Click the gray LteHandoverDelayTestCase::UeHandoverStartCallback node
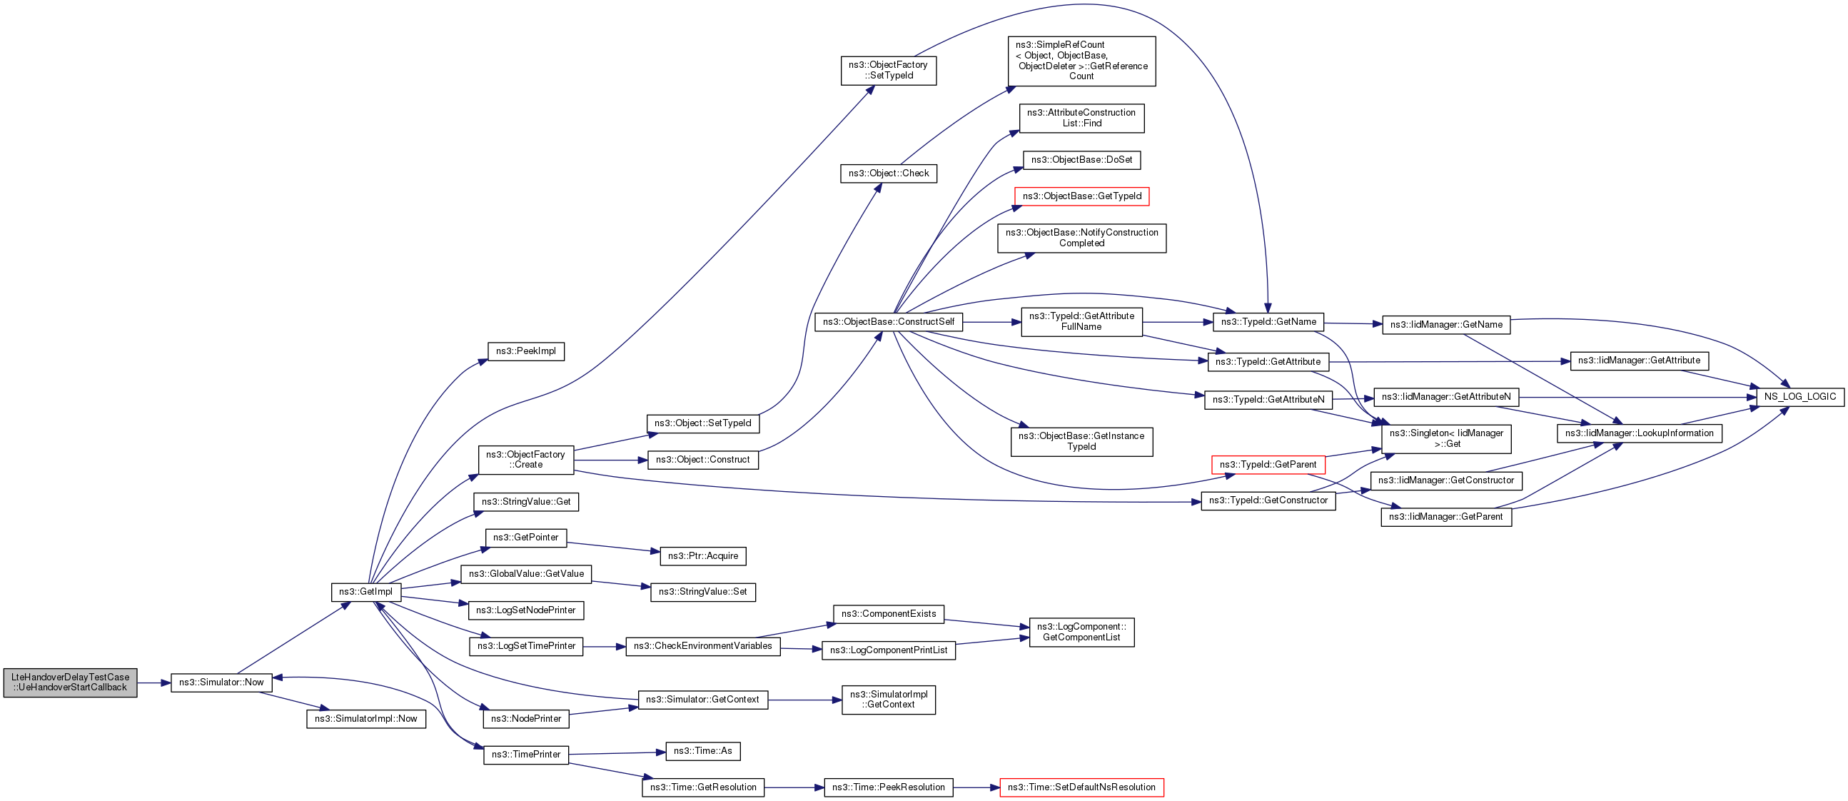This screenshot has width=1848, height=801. pos(70,682)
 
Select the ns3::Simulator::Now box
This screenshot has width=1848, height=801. pos(221,682)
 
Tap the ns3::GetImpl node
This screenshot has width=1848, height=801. pos(366,592)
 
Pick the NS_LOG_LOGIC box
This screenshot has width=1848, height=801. pos(1800,397)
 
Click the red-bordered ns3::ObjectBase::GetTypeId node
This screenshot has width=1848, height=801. pos(1081,196)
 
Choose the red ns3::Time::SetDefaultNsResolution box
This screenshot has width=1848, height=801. pos(1081,787)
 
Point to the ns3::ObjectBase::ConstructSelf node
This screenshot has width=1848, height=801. pos(888,322)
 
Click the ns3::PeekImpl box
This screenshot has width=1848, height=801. pos(526,352)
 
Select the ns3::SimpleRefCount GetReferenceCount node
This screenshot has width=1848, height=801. pos(1081,61)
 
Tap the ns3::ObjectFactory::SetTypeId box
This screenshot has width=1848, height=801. pos(888,71)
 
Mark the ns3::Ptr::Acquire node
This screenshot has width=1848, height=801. pos(702,556)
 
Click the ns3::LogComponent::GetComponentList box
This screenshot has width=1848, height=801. pos(1081,633)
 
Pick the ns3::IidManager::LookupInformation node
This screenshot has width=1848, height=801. pos(1639,433)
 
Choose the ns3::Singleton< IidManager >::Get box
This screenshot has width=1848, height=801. pos(1445,438)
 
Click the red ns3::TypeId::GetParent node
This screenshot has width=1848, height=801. pos(1268,465)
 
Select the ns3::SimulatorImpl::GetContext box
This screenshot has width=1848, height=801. pos(888,700)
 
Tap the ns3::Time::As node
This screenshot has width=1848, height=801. pos(702,752)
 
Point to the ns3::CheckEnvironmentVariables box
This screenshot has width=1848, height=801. pos(702,647)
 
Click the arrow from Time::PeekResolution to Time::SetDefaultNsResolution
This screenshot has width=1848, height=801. pos(977,787)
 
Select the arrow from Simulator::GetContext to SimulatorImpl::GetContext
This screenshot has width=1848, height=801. pos(805,700)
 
